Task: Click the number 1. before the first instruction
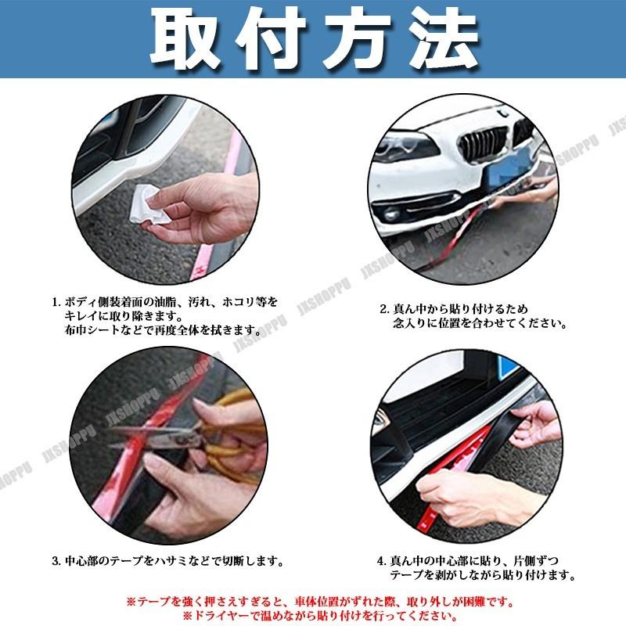56,302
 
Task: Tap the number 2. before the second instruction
384,308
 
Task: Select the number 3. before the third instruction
56,561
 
